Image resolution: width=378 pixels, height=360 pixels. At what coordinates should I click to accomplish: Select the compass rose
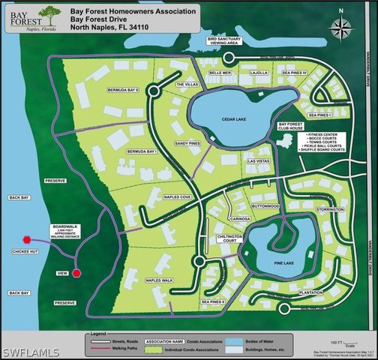point(343,28)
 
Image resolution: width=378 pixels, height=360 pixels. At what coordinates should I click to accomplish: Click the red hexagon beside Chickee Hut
point(27,239)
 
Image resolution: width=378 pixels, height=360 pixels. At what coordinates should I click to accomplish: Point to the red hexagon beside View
point(75,273)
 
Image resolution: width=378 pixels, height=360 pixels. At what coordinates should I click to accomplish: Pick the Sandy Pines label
point(187,142)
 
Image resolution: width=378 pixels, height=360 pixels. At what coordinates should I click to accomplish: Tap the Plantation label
point(310,292)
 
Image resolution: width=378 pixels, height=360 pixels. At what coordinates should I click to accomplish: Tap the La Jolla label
point(258,73)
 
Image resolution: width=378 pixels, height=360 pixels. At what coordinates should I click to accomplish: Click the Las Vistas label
point(257,160)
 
